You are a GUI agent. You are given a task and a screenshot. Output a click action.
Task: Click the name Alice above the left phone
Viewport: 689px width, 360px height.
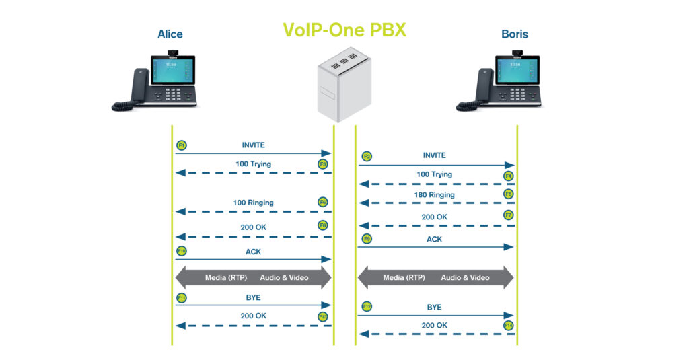coord(170,34)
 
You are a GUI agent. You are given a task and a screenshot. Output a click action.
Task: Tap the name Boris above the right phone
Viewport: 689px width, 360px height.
coord(515,34)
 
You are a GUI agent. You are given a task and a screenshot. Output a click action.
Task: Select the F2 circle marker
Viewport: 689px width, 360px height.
coord(367,156)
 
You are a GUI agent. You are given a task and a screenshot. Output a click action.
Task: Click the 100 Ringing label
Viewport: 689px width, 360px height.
coord(253,203)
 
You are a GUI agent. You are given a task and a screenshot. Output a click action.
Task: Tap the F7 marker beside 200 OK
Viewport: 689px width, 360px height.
coord(509,215)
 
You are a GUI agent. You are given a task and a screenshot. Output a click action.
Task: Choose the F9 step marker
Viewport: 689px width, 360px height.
coord(367,239)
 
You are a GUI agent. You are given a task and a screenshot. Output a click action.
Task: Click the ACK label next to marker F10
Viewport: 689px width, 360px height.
coord(253,252)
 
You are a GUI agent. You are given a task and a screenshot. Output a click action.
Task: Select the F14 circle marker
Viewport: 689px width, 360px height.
coord(509,326)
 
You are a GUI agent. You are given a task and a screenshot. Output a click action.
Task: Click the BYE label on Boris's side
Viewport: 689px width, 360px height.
coord(435,307)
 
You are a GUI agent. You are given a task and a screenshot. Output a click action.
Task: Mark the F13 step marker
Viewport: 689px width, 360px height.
coord(323,316)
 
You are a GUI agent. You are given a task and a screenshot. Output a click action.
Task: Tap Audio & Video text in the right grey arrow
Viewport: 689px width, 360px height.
coord(466,277)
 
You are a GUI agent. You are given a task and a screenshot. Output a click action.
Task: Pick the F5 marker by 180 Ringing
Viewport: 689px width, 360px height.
coord(509,194)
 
